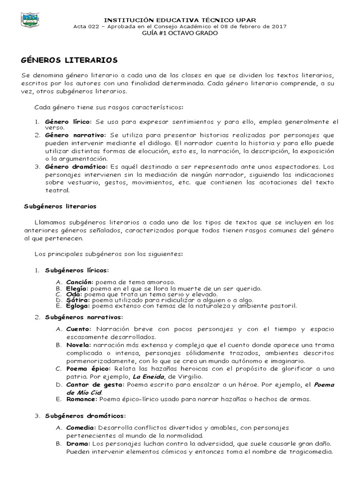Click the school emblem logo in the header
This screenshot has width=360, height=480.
coord(30,21)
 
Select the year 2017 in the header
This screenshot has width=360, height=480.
coord(279,27)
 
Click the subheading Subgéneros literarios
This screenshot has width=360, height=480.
coord(60,206)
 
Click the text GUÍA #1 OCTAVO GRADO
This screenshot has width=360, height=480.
coord(180,33)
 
